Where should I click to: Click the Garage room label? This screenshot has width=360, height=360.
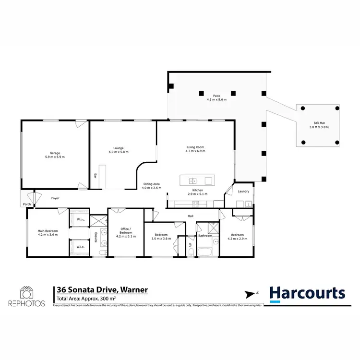pyautogui.click(x=54, y=153)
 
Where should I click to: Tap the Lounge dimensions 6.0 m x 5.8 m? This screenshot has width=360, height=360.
pyautogui.click(x=118, y=152)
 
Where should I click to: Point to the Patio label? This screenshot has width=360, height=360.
pyautogui.click(x=216, y=96)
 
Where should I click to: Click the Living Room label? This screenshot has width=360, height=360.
pyautogui.click(x=195, y=147)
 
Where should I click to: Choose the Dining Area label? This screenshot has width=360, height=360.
pyautogui.click(x=152, y=184)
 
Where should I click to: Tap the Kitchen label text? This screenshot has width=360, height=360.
pyautogui.click(x=197, y=190)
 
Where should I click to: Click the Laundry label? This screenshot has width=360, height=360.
pyautogui.click(x=244, y=192)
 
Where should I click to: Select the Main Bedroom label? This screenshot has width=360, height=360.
pyautogui.click(x=48, y=231)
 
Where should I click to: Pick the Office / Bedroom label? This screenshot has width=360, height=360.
pyautogui.click(x=125, y=230)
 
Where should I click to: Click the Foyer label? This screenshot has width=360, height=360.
pyautogui.click(x=56, y=198)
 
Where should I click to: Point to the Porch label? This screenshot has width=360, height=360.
pyautogui.click(x=27, y=204)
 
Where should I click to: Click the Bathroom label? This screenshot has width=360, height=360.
pyautogui.click(x=205, y=235)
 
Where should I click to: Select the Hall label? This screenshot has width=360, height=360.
pyautogui.click(x=191, y=216)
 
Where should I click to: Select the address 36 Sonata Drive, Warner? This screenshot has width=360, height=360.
pyautogui.click(x=102, y=290)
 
